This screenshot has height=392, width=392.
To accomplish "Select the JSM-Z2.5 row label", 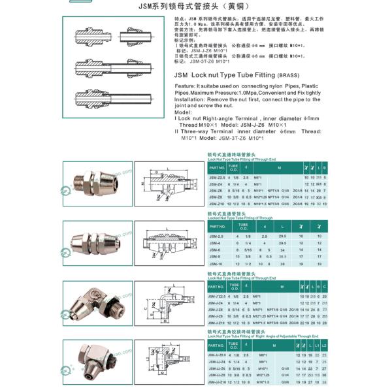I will (x=218, y=177).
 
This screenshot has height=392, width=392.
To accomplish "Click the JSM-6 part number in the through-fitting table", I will (x=215, y=251).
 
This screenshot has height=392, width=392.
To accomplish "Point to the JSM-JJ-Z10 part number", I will (x=218, y=382).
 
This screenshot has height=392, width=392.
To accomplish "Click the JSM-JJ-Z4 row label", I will (x=218, y=362).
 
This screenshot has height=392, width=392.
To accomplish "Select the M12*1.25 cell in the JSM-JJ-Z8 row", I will (x=263, y=376).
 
